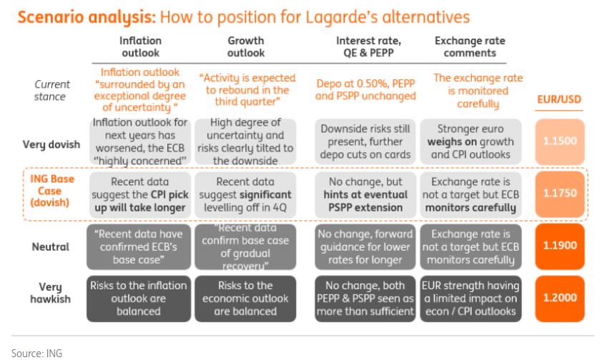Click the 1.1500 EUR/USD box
(x=559, y=141)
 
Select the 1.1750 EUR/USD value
(x=559, y=194)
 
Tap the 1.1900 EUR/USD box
(x=559, y=246)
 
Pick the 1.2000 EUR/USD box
(x=559, y=299)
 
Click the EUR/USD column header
(x=559, y=99)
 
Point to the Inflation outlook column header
(x=140, y=46)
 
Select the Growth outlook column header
(x=246, y=46)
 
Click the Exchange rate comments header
(x=470, y=46)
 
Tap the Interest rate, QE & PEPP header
(x=368, y=46)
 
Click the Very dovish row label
(x=51, y=144)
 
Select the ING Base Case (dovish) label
(x=51, y=191)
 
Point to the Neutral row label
(x=51, y=246)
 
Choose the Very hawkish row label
(x=51, y=293)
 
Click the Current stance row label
(x=51, y=91)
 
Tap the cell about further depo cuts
(x=365, y=141)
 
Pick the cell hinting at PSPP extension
(x=365, y=194)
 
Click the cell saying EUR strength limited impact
(x=470, y=299)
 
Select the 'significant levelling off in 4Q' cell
(x=245, y=194)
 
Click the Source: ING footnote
(x=36, y=353)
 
